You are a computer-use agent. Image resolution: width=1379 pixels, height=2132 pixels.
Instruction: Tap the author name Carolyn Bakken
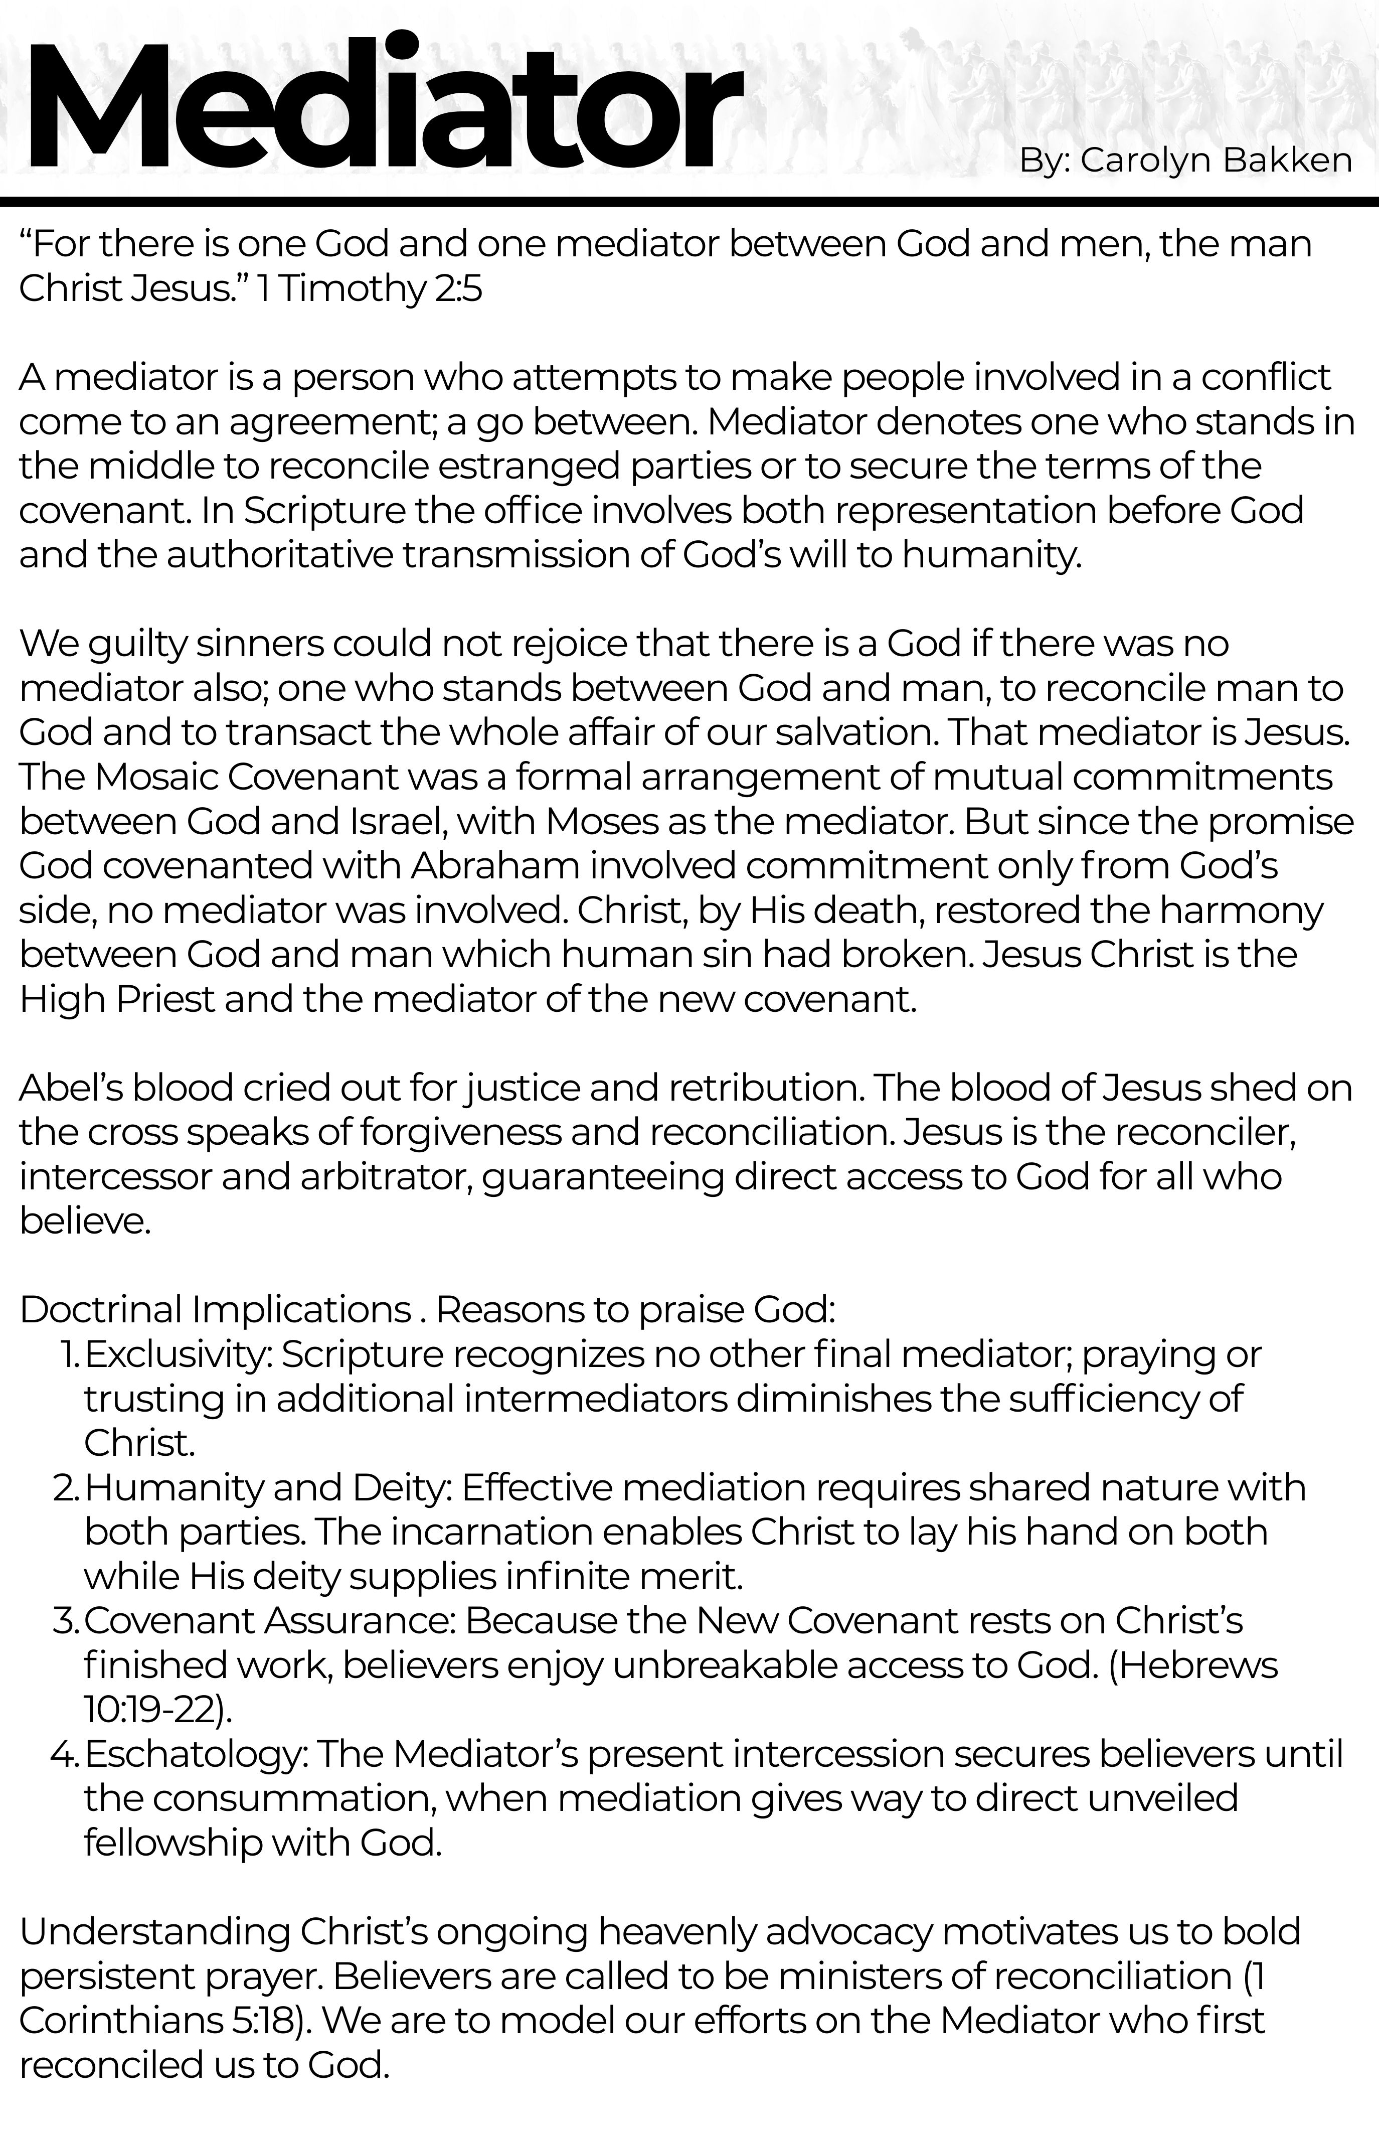pyautogui.click(x=1216, y=161)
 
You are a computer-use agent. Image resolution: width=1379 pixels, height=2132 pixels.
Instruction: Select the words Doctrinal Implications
pyautogui.click(x=215, y=1310)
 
